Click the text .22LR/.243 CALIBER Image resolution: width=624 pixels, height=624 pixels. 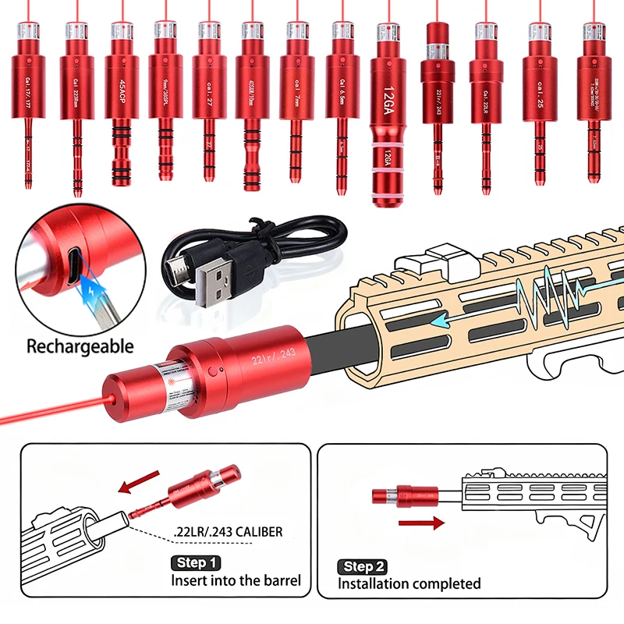pyautogui.click(x=228, y=534)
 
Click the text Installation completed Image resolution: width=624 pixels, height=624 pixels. pyautogui.click(x=409, y=583)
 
